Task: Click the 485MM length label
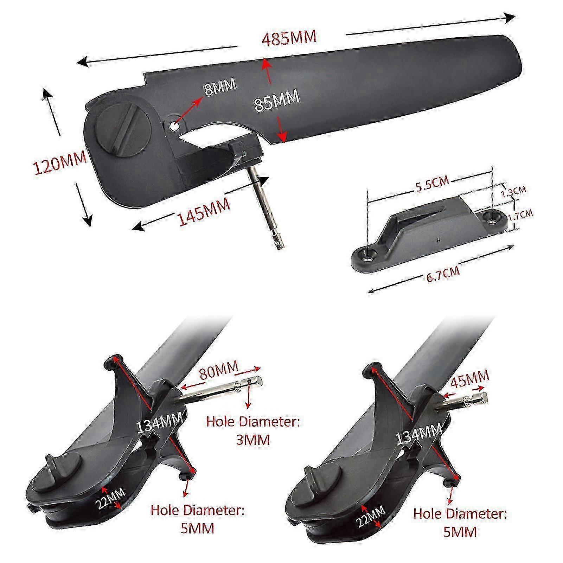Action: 289,38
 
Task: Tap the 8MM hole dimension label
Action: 220,87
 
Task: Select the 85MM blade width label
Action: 277,101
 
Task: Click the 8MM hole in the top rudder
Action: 174,125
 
